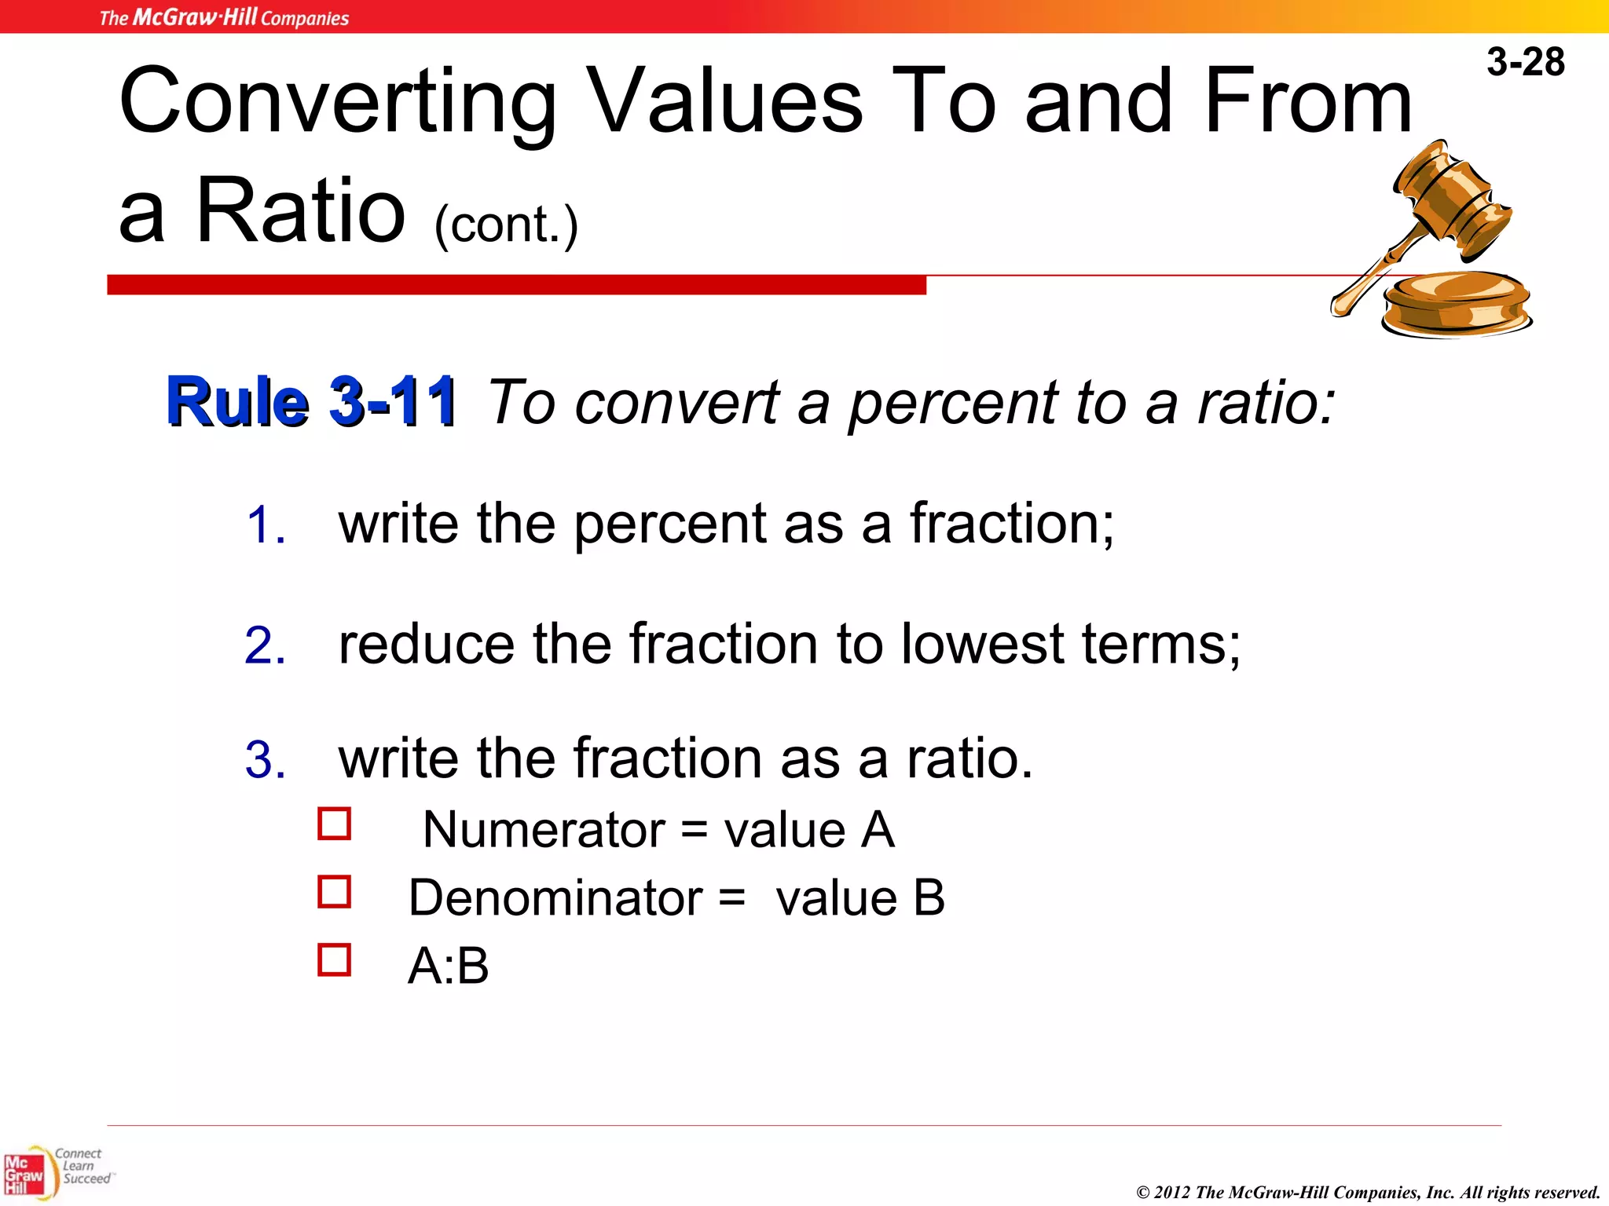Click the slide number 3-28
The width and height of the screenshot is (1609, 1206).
(x=1525, y=62)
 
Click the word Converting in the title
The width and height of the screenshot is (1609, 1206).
(x=338, y=102)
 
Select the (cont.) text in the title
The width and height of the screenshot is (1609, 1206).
(x=506, y=225)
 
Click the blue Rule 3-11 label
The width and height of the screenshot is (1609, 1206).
(x=311, y=402)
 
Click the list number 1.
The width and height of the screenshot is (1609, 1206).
(x=265, y=524)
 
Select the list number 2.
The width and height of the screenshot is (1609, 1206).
(x=265, y=645)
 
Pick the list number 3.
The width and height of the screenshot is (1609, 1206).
(x=265, y=760)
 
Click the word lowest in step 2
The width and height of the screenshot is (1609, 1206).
(x=982, y=644)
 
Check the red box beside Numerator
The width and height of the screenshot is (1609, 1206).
(x=334, y=824)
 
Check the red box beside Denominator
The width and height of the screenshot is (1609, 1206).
(x=334, y=892)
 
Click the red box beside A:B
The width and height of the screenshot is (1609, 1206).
(x=334, y=959)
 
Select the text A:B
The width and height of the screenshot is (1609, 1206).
(x=448, y=966)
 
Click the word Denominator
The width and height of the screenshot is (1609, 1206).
(x=555, y=897)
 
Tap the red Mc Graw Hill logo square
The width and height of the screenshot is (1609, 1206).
(x=24, y=1175)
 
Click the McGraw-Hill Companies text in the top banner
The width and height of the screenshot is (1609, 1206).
(x=224, y=17)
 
